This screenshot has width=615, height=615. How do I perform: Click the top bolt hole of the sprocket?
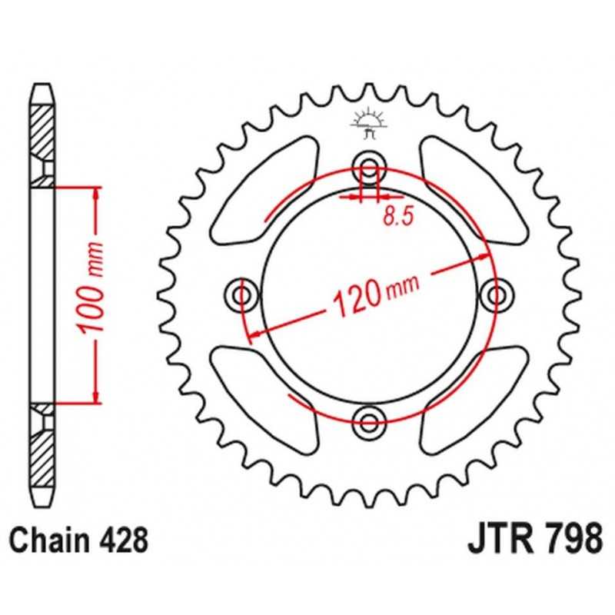(x=369, y=168)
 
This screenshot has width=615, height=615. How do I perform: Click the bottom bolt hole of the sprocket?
(x=369, y=422)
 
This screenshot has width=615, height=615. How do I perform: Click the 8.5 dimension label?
(x=397, y=216)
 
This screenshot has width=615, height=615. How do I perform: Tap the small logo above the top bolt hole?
(x=369, y=123)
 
